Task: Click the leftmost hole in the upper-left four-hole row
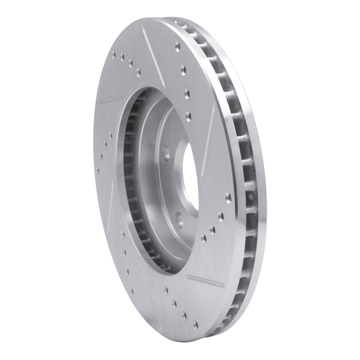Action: [x=112, y=55]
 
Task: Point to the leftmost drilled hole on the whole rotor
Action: [x=97, y=170]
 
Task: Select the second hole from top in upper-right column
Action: [x=184, y=68]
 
